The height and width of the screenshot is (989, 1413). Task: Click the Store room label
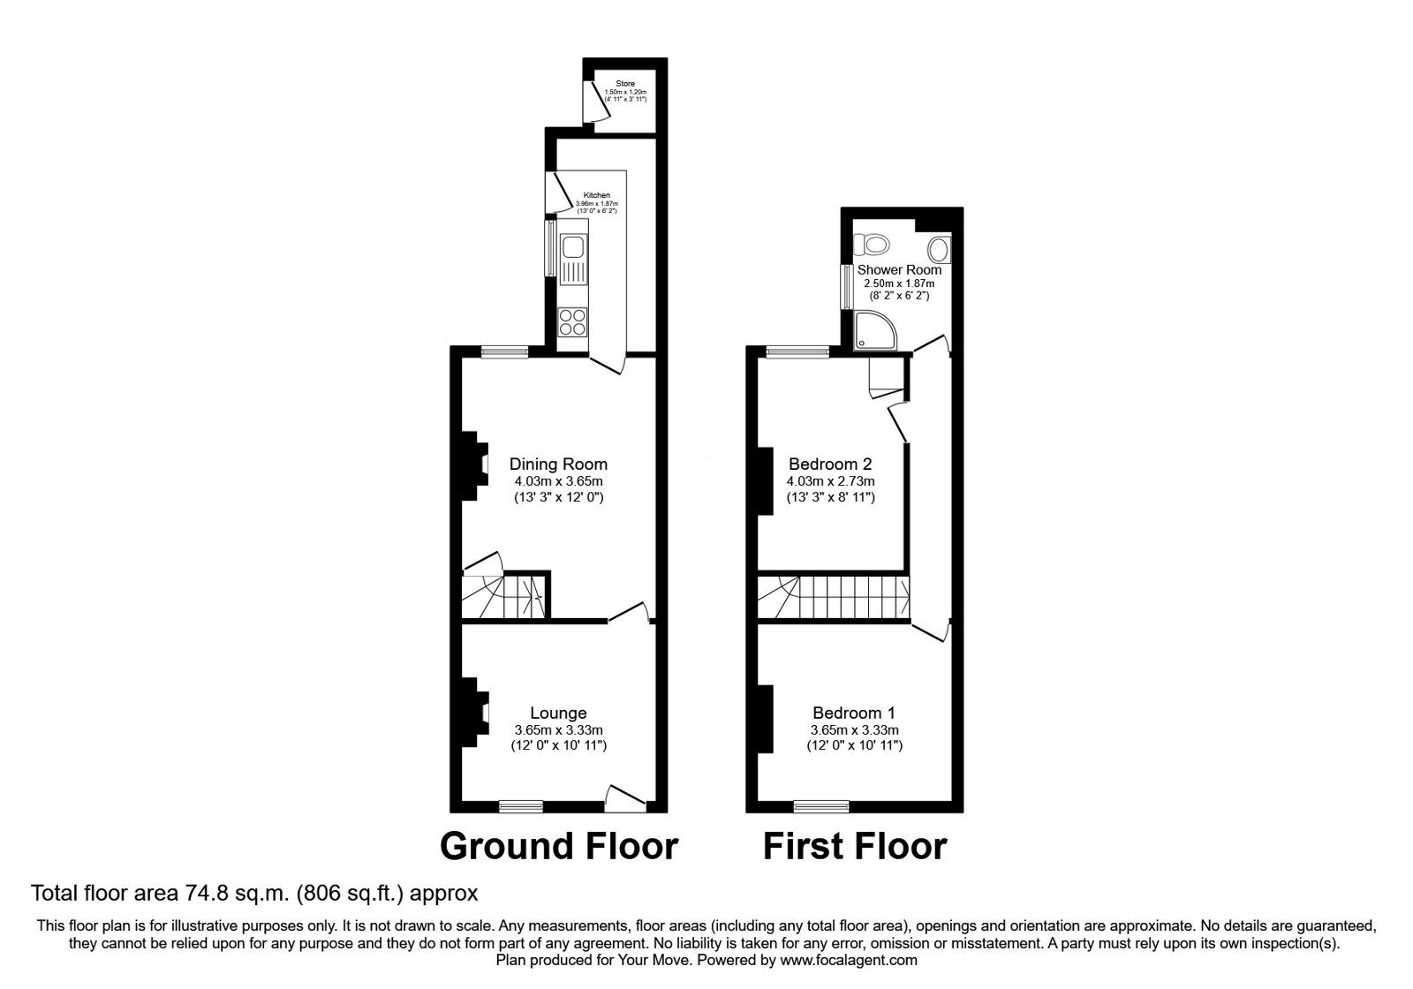tap(625, 84)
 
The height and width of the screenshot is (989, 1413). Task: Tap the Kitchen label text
tap(596, 195)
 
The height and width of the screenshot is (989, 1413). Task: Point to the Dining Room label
tap(558, 464)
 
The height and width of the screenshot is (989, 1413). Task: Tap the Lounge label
tap(558, 713)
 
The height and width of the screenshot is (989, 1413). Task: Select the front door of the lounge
tap(625, 798)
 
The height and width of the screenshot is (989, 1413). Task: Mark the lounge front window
tap(521, 805)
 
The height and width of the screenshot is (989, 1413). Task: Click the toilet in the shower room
tap(873, 242)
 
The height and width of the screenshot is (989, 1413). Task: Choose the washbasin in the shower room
tap(939, 248)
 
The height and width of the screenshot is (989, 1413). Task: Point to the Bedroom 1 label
tap(854, 713)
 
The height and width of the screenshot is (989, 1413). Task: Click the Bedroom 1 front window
tap(820, 805)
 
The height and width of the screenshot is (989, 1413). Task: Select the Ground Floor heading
tap(558, 846)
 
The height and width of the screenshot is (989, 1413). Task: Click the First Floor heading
tap(854, 846)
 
